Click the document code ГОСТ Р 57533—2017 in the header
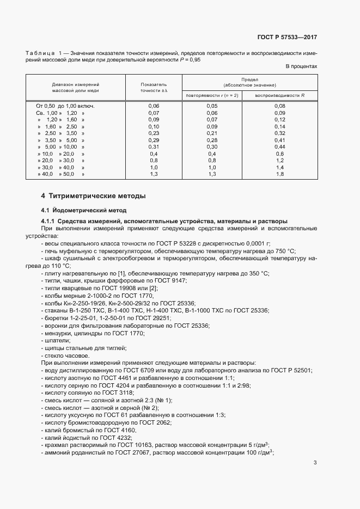[x=286, y=38]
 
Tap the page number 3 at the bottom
[x=315, y=463]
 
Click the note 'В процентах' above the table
[x=301, y=66]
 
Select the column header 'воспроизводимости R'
[x=280, y=95]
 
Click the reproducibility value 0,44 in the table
[x=280, y=147]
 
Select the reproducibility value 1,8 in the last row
[x=280, y=175]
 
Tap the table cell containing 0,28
[x=212, y=140]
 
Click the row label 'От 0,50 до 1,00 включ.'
[x=65, y=106]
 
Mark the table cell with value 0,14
[x=280, y=126]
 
